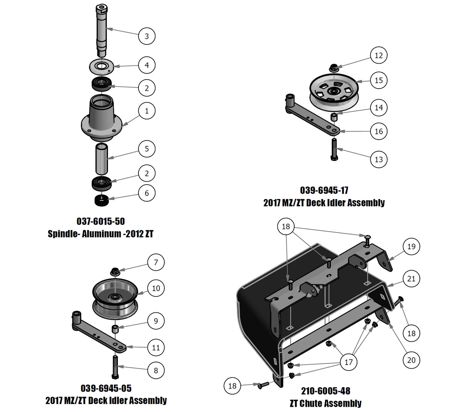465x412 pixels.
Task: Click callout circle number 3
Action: (147, 36)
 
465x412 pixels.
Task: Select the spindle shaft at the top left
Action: (102, 30)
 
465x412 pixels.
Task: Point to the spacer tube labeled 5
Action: (102, 158)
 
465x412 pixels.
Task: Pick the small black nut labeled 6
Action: (102, 200)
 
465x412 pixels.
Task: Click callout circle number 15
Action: (379, 81)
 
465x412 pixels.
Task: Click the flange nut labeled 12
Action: (334, 69)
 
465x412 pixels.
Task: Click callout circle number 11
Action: (156, 348)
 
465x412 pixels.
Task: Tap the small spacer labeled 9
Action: (115, 329)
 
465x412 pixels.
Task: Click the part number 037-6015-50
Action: (101, 221)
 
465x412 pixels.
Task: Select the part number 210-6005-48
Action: (325, 391)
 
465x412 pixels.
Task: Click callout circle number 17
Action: (348, 362)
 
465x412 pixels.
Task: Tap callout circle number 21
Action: (411, 279)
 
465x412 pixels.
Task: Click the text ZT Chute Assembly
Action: (325, 403)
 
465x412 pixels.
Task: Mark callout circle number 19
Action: (411, 247)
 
